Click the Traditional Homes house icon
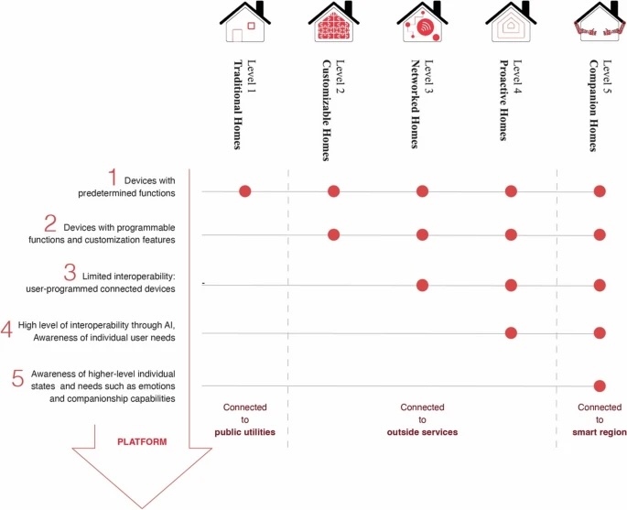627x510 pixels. (245, 22)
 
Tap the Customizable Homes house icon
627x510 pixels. (334, 22)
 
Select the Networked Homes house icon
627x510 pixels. (423, 22)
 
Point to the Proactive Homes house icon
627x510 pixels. (511, 22)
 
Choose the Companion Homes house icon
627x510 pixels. (600, 22)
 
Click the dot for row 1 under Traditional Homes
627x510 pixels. (245, 191)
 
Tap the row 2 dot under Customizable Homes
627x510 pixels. (333, 234)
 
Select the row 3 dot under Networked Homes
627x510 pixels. (422, 285)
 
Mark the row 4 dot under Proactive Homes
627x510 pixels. (511, 332)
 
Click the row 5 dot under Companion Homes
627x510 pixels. (600, 386)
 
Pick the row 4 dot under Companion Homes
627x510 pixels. (600, 332)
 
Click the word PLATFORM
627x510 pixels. (142, 442)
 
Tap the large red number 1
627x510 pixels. (113, 178)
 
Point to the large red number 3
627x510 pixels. (70, 272)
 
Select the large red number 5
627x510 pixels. (18, 378)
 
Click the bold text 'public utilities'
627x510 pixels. (244, 432)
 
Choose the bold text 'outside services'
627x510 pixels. (422, 432)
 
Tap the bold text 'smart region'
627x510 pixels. (600, 432)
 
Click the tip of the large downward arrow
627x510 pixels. (142, 508)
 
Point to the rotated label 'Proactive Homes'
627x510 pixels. (503, 101)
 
